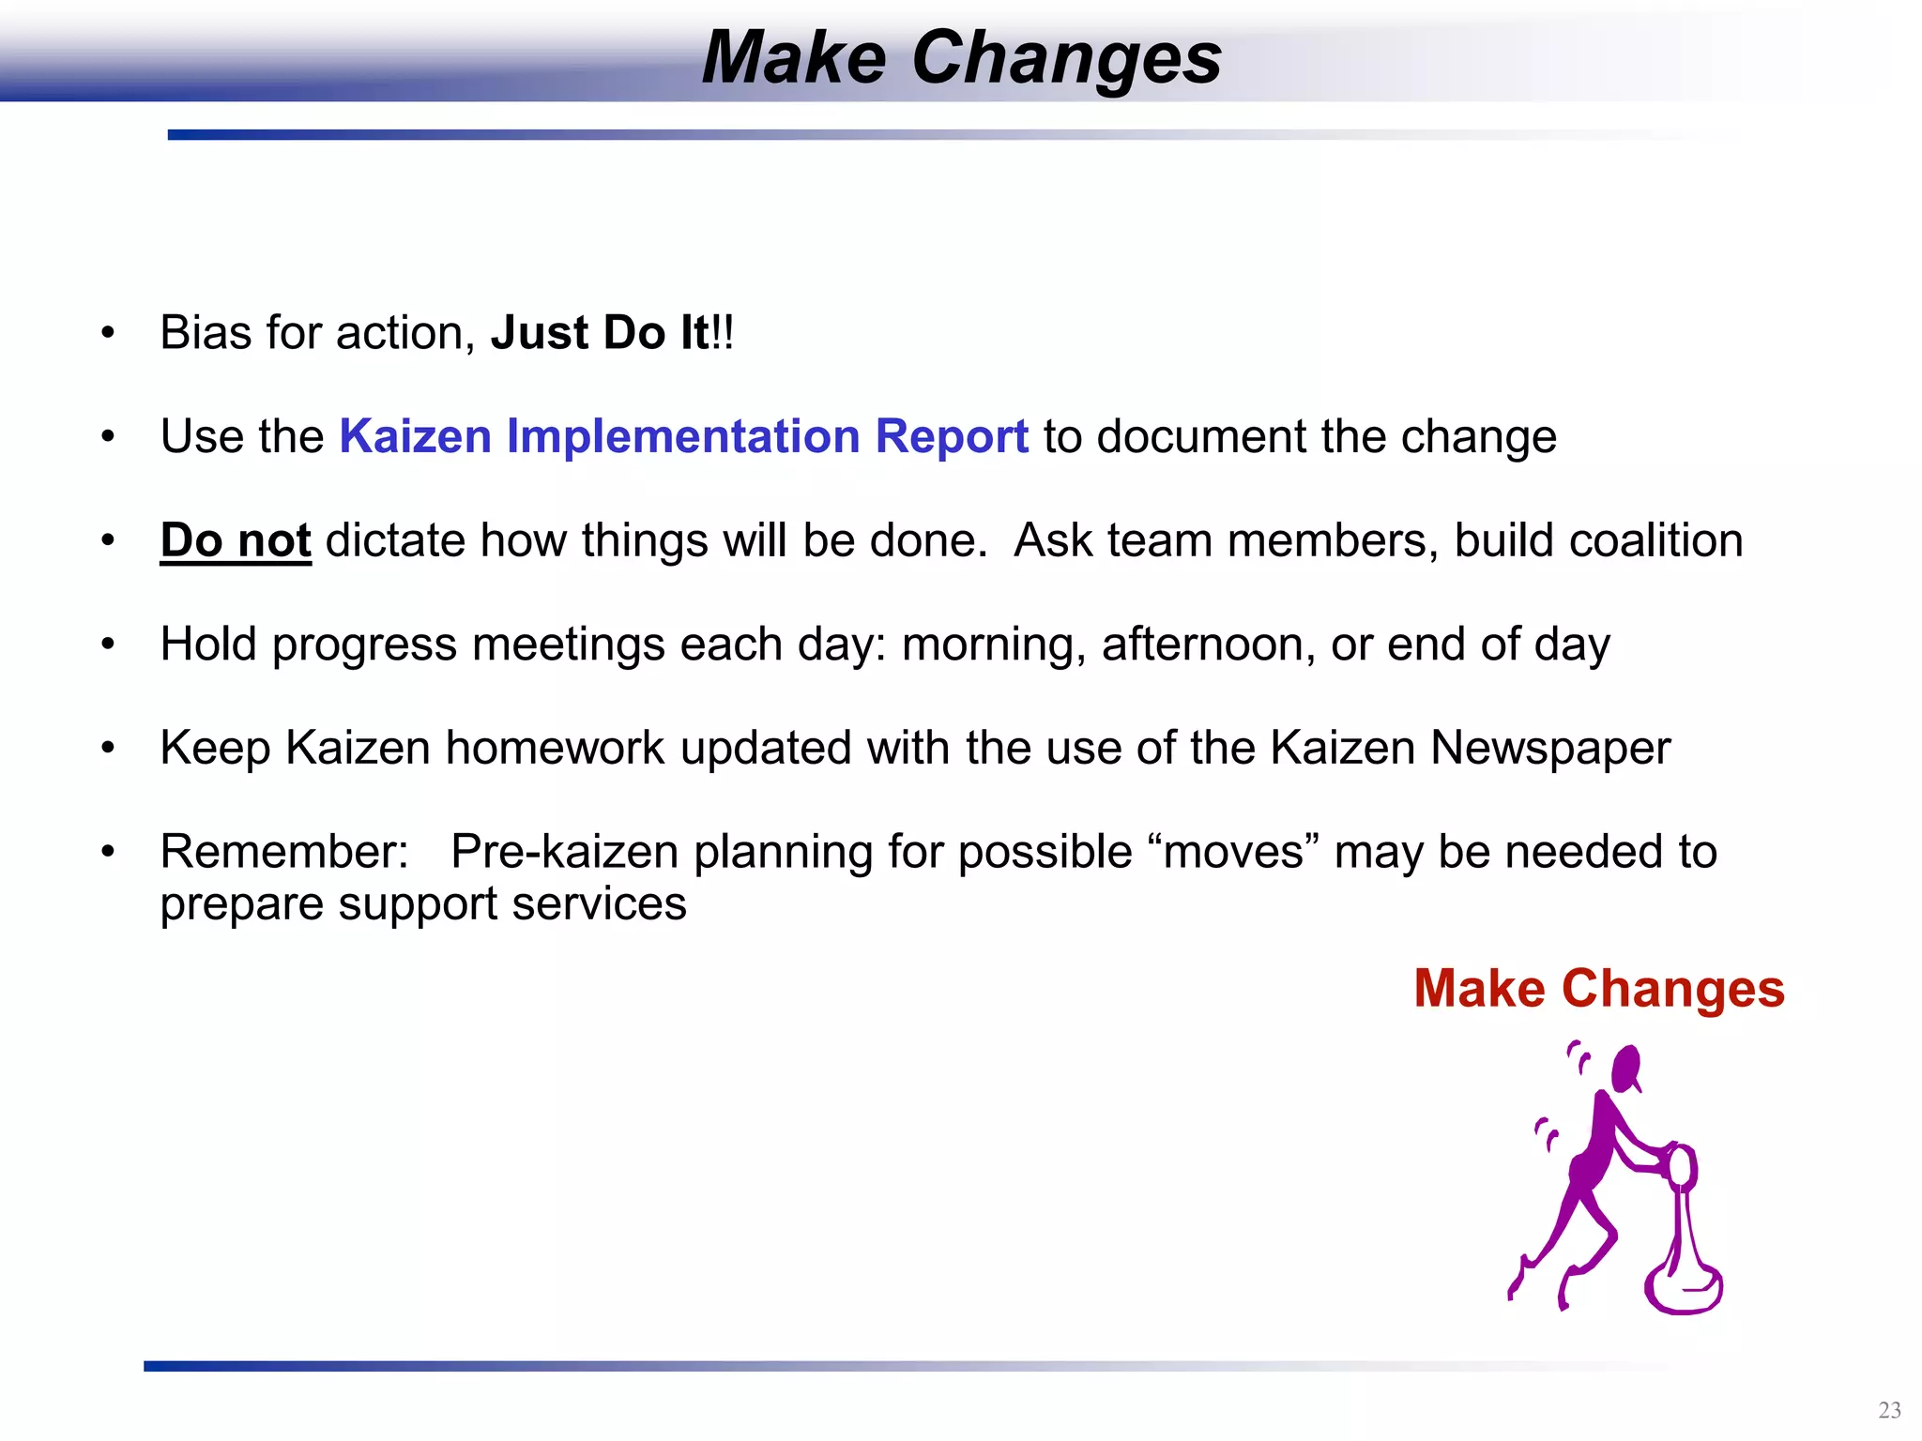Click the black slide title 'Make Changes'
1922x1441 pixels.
961,58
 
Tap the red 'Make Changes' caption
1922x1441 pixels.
1598,989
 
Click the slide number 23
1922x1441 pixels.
1889,1410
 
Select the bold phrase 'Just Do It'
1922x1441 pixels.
600,333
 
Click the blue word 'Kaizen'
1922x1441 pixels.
415,437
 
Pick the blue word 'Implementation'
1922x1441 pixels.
683,437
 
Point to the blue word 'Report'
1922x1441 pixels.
952,437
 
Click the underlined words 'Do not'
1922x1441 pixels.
235,541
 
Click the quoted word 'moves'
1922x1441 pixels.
1233,853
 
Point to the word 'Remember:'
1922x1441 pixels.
284,853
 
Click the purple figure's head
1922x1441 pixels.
1625,1068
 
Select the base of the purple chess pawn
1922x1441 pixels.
1684,1290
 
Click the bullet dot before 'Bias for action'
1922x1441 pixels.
108,333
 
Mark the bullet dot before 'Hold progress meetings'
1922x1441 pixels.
108,645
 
